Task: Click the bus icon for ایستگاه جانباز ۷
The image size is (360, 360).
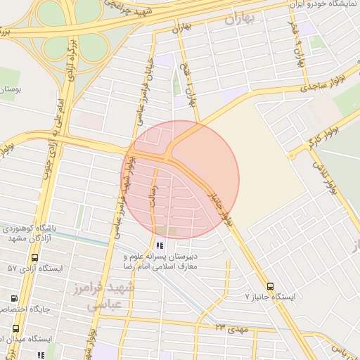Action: click(271, 285)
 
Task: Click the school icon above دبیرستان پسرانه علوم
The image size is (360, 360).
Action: click(160, 246)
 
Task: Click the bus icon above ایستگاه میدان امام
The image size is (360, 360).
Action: click(16, 328)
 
